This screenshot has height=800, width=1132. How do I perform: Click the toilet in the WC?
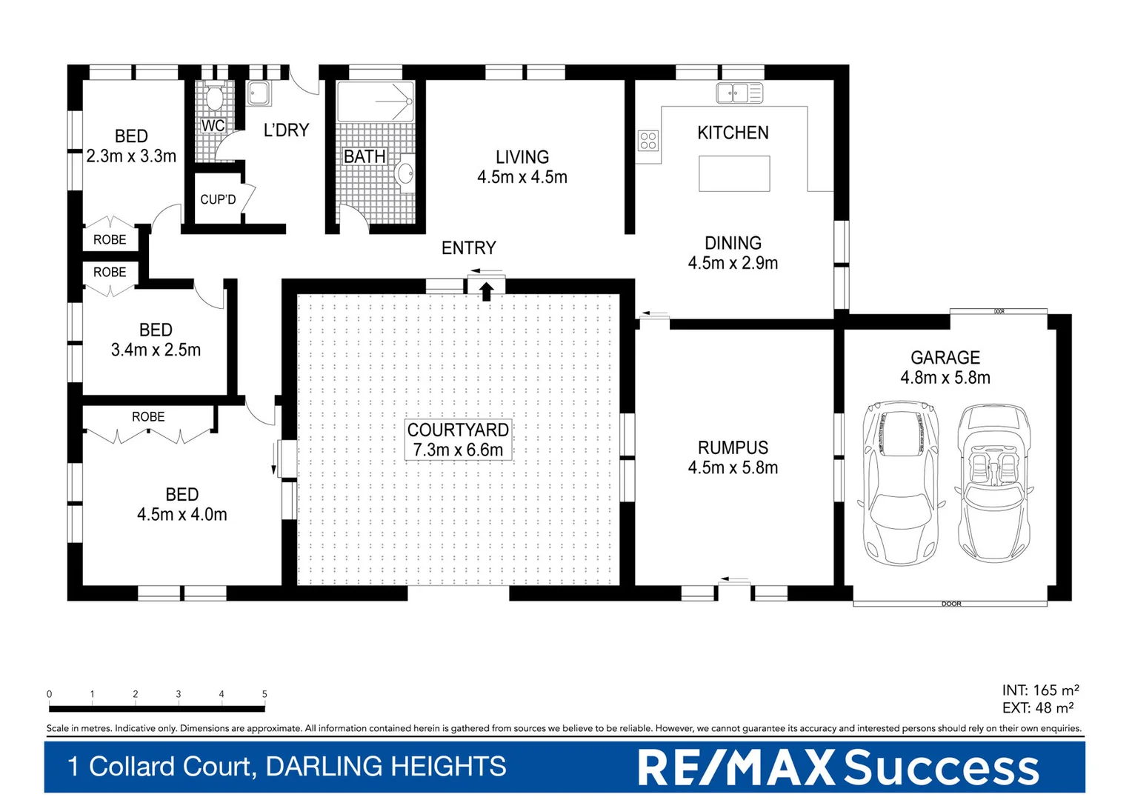[214, 98]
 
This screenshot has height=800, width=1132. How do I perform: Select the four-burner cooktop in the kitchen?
[648, 140]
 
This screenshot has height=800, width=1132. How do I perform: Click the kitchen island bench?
[734, 173]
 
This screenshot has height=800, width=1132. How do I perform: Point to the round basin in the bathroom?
[405, 173]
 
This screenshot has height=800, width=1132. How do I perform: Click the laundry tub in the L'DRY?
[259, 94]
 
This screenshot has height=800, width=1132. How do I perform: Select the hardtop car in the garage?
[901, 481]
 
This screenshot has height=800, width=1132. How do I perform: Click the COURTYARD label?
[458, 430]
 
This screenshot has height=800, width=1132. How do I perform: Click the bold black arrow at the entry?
[486, 291]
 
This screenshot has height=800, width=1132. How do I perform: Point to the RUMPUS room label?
[733, 447]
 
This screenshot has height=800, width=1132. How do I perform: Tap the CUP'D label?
[218, 199]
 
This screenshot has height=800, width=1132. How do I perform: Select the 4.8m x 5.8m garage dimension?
[945, 378]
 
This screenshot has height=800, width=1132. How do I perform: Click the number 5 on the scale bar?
[264, 694]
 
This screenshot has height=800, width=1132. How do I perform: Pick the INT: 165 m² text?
[1040, 690]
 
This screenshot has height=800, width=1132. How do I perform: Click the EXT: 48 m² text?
[1038, 708]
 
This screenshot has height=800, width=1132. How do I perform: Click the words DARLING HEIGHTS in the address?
[385, 767]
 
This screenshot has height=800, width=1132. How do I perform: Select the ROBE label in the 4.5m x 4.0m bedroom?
[148, 417]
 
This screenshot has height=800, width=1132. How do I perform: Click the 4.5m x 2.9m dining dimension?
[733, 263]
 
